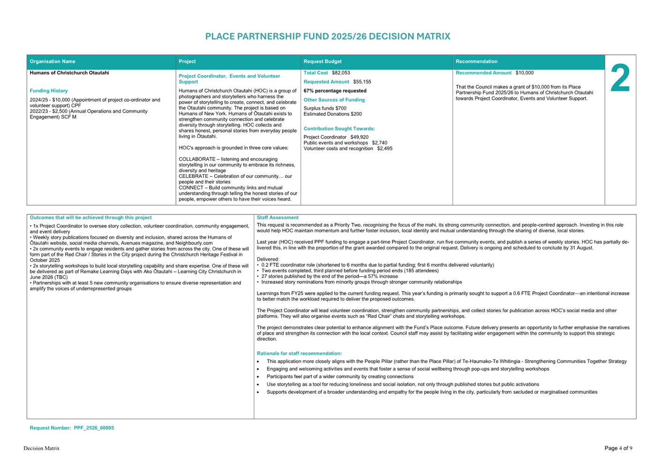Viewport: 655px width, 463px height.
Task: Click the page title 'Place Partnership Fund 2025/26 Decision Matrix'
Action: pyautogui.click(x=327, y=37)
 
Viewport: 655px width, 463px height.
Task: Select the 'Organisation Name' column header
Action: pyautogui.click(x=52, y=62)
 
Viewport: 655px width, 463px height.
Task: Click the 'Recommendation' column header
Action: pyautogui.click(x=476, y=62)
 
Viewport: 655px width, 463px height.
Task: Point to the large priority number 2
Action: pyautogui.click(x=620, y=79)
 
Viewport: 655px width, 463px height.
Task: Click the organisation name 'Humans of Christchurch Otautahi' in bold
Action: pyautogui.click(x=69, y=73)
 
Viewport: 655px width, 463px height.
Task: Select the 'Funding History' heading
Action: pyautogui.click(x=49, y=91)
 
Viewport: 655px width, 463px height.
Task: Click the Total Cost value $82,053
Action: pyautogui.click(x=341, y=73)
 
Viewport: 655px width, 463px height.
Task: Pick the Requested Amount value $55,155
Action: pyautogui.click(x=362, y=82)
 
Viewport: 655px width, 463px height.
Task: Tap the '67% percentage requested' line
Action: pyautogui.click(x=335, y=91)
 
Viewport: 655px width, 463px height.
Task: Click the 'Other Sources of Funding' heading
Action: pyautogui.click(x=334, y=100)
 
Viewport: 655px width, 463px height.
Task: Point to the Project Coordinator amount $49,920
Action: pyautogui.click(x=359, y=137)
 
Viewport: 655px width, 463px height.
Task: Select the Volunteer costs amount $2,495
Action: pyautogui.click(x=385, y=149)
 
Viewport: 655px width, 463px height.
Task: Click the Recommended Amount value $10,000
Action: pyautogui.click(x=524, y=73)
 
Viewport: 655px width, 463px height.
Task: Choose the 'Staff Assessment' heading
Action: pyautogui.click(x=277, y=218)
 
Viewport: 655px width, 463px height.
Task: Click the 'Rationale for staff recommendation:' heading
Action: pyautogui.click(x=299, y=353)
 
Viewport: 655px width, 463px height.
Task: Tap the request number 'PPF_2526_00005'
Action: pyautogui.click(x=94, y=428)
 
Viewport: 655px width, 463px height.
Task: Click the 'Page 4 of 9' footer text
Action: pyautogui.click(x=618, y=448)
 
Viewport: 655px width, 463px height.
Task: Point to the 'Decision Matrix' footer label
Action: pyautogui.click(x=42, y=448)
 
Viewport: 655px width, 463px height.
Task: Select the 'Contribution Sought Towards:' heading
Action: pyautogui.click(x=339, y=129)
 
